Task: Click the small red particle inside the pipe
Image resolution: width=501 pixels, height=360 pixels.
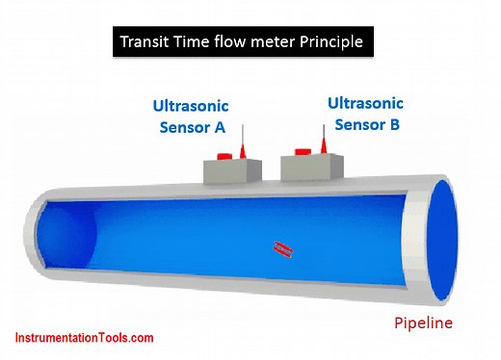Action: pos(280,249)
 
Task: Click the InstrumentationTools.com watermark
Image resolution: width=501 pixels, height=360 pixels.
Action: pos(84,338)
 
